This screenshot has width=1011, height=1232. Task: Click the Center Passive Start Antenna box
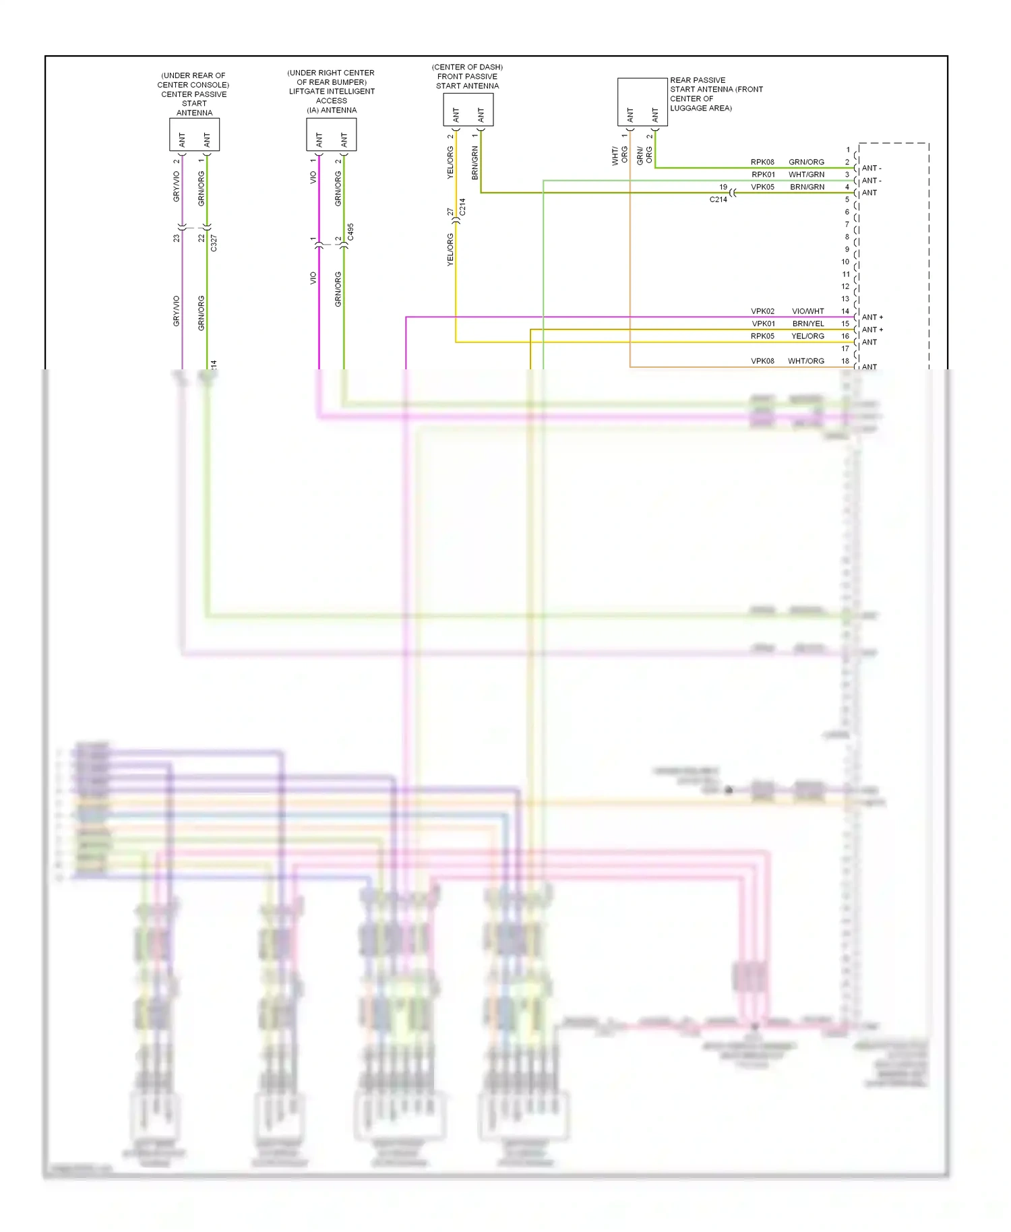(x=194, y=134)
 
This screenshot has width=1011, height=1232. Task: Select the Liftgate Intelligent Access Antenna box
(x=331, y=134)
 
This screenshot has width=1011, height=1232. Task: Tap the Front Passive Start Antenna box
(x=468, y=109)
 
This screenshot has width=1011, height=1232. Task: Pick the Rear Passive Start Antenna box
(x=642, y=102)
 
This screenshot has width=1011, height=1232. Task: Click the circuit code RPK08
(x=762, y=162)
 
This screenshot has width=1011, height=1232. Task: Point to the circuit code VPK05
(x=762, y=187)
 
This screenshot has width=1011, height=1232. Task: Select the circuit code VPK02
(x=762, y=311)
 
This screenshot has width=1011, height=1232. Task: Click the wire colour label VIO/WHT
(x=807, y=311)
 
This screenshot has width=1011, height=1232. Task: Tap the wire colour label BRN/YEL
(x=807, y=324)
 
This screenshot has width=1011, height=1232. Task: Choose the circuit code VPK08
(x=762, y=361)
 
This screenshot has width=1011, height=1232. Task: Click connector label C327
(x=214, y=243)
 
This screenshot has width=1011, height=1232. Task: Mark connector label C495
(x=350, y=232)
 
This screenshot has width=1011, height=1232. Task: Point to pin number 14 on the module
(x=845, y=311)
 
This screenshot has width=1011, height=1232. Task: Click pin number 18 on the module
(x=845, y=361)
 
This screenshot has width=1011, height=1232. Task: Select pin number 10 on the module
(x=845, y=262)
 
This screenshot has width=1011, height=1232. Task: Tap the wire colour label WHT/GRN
(x=806, y=175)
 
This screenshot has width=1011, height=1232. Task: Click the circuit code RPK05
(x=762, y=336)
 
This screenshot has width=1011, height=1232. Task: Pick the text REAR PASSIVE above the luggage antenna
(x=698, y=80)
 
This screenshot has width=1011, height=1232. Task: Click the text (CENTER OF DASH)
(x=467, y=67)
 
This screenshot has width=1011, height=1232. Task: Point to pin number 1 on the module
(x=848, y=150)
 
